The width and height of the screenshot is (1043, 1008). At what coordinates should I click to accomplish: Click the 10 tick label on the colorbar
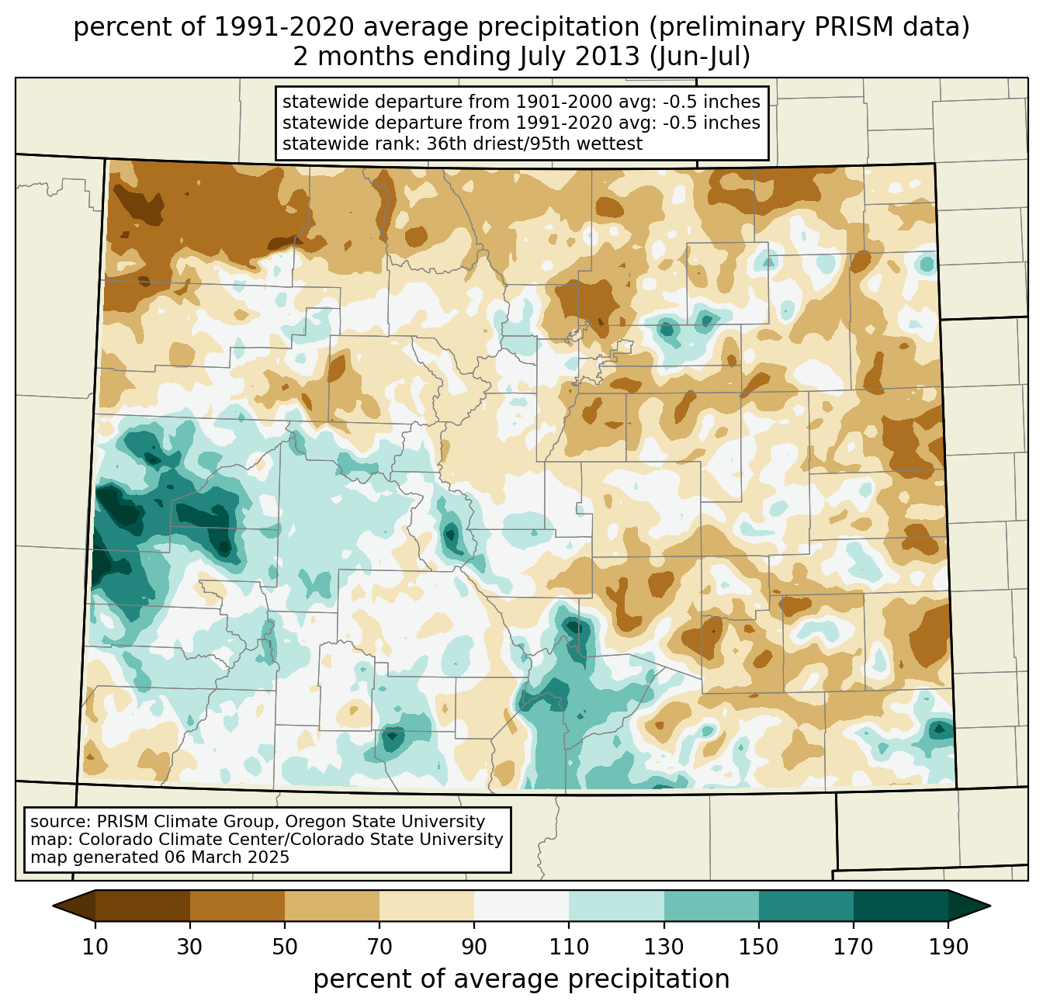tap(95, 947)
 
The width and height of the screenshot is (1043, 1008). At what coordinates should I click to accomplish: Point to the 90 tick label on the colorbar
tap(474, 947)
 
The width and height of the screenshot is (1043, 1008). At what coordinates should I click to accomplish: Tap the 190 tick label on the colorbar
tap(948, 947)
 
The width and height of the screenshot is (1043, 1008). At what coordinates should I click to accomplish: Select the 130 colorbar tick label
tap(664, 947)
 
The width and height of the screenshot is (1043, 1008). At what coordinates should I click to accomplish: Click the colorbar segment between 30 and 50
tap(237, 906)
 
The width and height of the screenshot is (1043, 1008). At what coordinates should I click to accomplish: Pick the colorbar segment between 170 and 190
tap(901, 906)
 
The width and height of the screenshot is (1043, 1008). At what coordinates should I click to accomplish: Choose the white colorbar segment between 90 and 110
tap(521, 906)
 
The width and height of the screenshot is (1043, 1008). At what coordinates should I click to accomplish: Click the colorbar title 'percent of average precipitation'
tap(521, 979)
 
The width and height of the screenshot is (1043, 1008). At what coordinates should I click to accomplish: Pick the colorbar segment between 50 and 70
tap(332, 906)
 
